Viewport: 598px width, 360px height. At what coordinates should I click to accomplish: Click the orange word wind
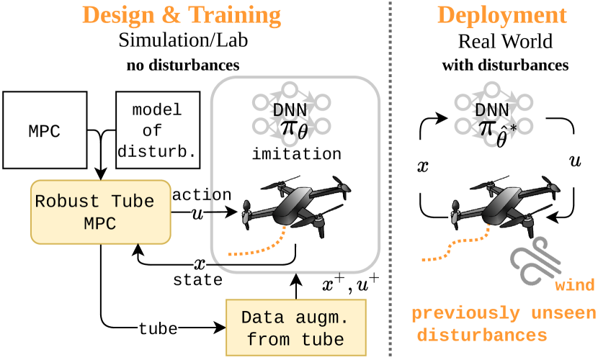(575, 287)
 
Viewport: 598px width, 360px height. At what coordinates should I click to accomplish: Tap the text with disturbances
(504, 66)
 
